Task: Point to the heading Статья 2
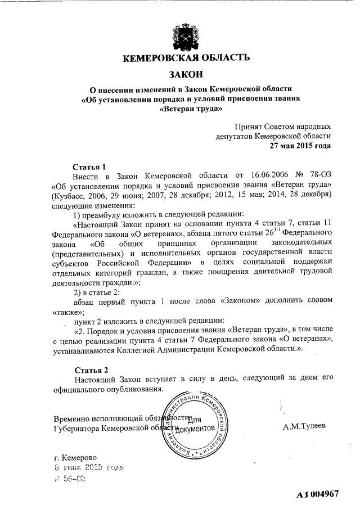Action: [x=90, y=370]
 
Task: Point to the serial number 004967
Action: [x=326, y=494]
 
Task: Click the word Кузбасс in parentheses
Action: [x=70, y=195]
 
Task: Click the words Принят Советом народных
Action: [x=283, y=127]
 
